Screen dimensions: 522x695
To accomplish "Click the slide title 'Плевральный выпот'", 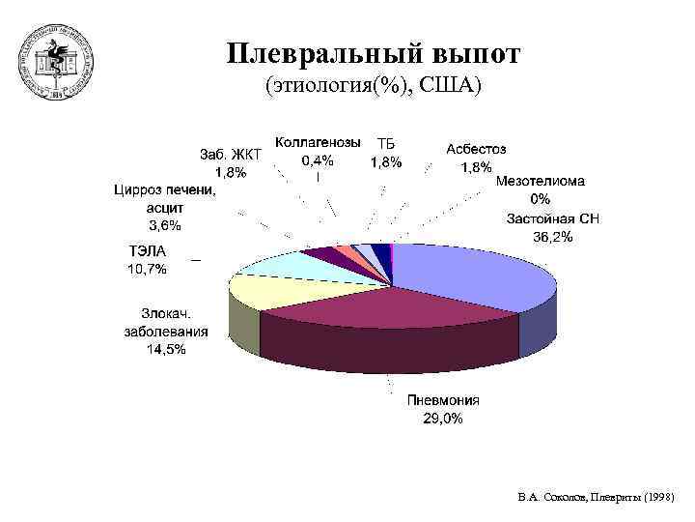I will pos(374,53).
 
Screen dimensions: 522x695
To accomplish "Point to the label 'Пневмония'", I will pos(443,400).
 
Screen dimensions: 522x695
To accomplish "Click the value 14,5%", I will pos(166,350).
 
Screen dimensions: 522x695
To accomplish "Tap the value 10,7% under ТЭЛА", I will pos(147,270).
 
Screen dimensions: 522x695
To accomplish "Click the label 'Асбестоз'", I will pos(476,149).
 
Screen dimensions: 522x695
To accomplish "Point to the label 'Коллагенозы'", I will pos(319,142).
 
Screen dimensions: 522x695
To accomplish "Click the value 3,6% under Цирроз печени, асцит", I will pos(162,225).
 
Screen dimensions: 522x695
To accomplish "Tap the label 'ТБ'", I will pos(386,144).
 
